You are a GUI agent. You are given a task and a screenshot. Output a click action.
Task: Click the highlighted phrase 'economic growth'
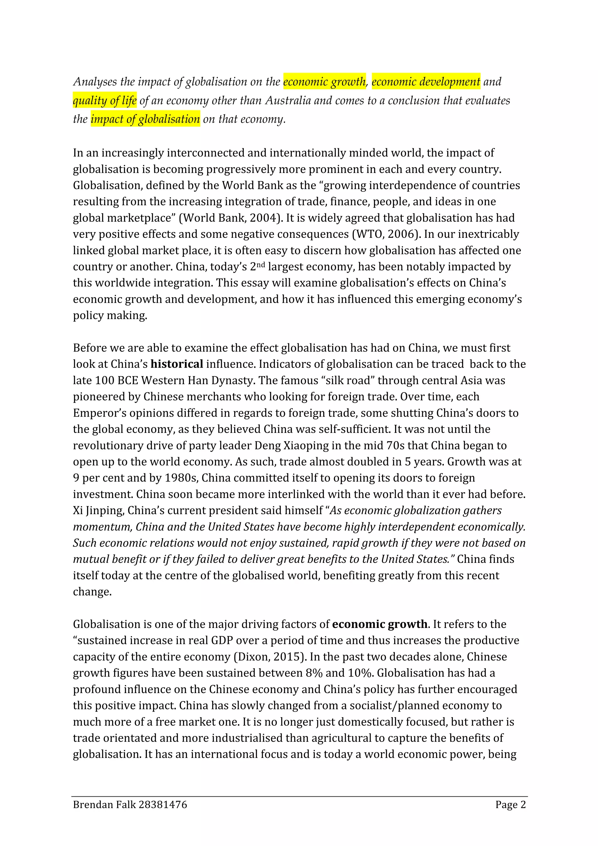[x=324, y=81]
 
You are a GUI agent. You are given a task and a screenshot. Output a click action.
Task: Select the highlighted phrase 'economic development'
[x=425, y=81]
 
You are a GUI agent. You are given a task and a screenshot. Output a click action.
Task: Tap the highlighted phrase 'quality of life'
[x=105, y=100]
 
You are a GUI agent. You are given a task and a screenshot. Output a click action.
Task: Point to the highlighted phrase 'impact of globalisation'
[x=145, y=119]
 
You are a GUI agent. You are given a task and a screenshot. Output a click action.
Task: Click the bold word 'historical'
[x=177, y=364]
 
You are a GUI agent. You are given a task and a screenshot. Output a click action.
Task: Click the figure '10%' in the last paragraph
[x=360, y=673]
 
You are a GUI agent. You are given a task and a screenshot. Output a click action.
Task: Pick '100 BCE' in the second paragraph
[x=117, y=380]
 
